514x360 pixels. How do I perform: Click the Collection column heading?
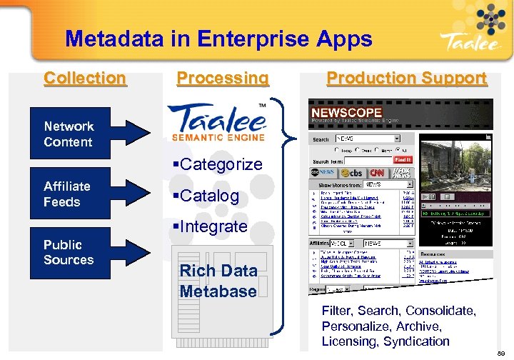click(85, 78)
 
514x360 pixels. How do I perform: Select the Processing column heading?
click(223, 78)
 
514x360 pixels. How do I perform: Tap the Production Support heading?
click(406, 78)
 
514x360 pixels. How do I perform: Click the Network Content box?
click(69, 134)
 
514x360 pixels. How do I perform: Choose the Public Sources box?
click(69, 252)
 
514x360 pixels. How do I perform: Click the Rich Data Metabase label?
click(218, 281)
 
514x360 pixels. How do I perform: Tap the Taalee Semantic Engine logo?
click(217, 123)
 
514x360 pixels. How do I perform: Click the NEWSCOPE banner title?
click(346, 113)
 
